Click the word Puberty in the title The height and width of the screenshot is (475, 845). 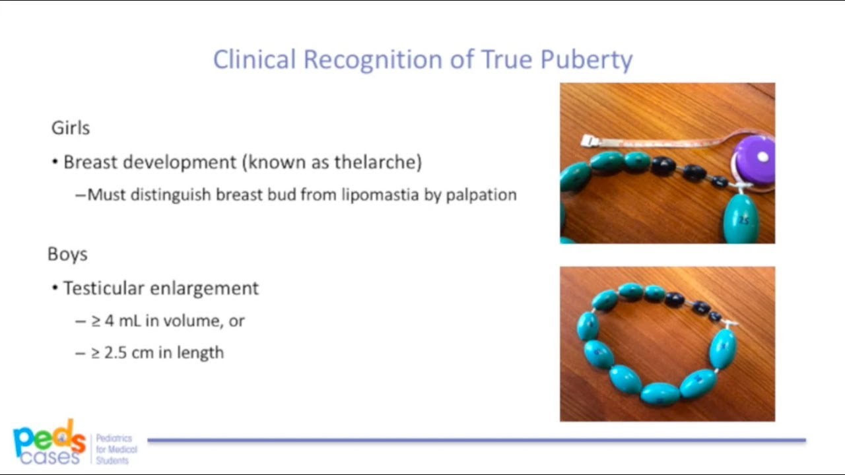[x=586, y=60]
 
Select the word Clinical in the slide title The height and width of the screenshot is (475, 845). [x=254, y=60]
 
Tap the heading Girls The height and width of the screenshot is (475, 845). [x=71, y=128]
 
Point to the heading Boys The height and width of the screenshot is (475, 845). [x=67, y=255]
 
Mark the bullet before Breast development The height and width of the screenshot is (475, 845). [x=55, y=162]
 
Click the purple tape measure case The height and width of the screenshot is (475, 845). [x=755, y=160]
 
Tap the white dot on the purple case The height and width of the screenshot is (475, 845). [x=763, y=158]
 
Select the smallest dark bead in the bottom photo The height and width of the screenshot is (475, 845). [x=715, y=316]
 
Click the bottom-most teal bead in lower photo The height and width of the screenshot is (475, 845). [x=660, y=393]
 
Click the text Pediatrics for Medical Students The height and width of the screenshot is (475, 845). [x=116, y=449]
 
